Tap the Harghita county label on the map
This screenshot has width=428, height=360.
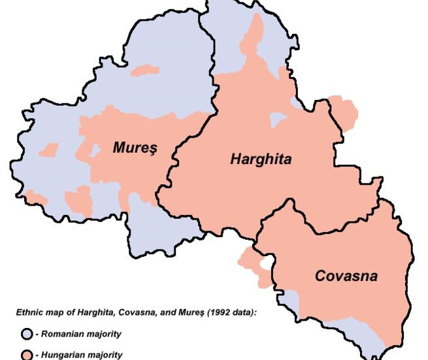[x=261, y=159]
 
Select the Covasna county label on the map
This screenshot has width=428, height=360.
[x=346, y=276]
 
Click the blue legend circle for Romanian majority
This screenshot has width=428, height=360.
[x=27, y=335]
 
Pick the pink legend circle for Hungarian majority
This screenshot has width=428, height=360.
[x=27, y=355]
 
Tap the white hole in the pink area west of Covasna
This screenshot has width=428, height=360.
[x=265, y=263]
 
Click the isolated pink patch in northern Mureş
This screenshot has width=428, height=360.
[x=145, y=69]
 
